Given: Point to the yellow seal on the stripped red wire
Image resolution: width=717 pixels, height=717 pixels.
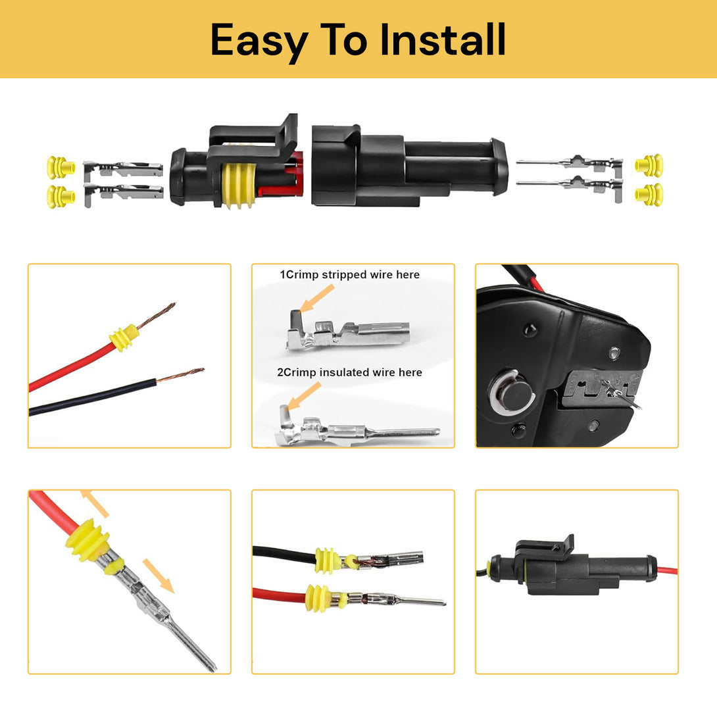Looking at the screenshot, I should pyautogui.click(x=124, y=337).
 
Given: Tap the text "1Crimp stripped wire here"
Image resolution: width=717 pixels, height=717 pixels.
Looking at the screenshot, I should pyautogui.click(x=349, y=274).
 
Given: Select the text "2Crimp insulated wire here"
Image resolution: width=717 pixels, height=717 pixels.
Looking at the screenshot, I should pyautogui.click(x=349, y=372).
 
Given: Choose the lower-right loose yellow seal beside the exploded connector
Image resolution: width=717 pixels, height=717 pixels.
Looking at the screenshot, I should pyautogui.click(x=649, y=194).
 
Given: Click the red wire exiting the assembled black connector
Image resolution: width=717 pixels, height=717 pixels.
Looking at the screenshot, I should pyautogui.click(x=666, y=571).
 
